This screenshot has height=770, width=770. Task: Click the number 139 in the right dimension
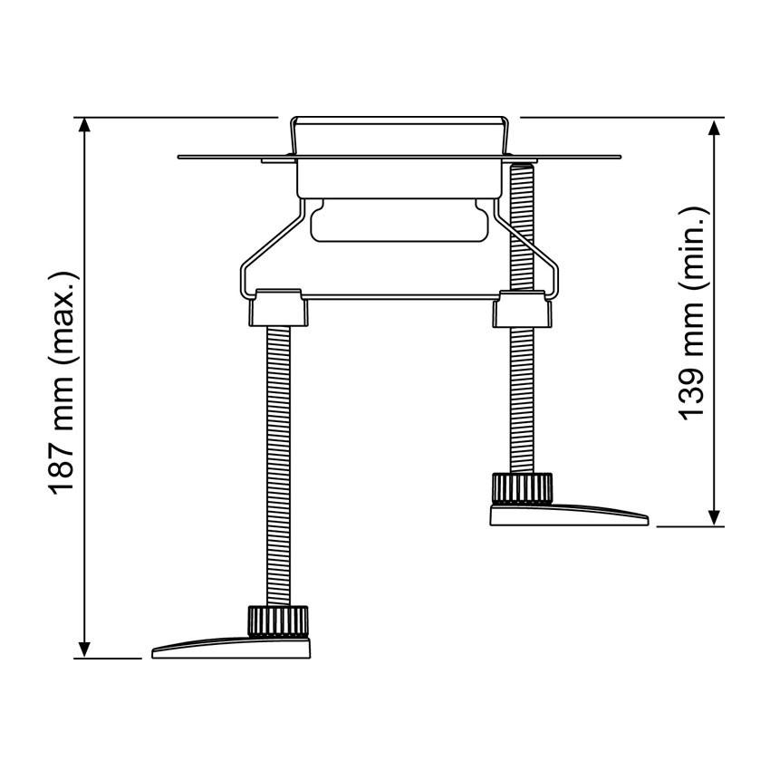[x=693, y=390]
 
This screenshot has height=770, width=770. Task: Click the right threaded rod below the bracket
[x=521, y=399]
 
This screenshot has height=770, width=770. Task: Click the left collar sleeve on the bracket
[x=277, y=308]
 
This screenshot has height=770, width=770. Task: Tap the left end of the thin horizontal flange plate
[x=186, y=158]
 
